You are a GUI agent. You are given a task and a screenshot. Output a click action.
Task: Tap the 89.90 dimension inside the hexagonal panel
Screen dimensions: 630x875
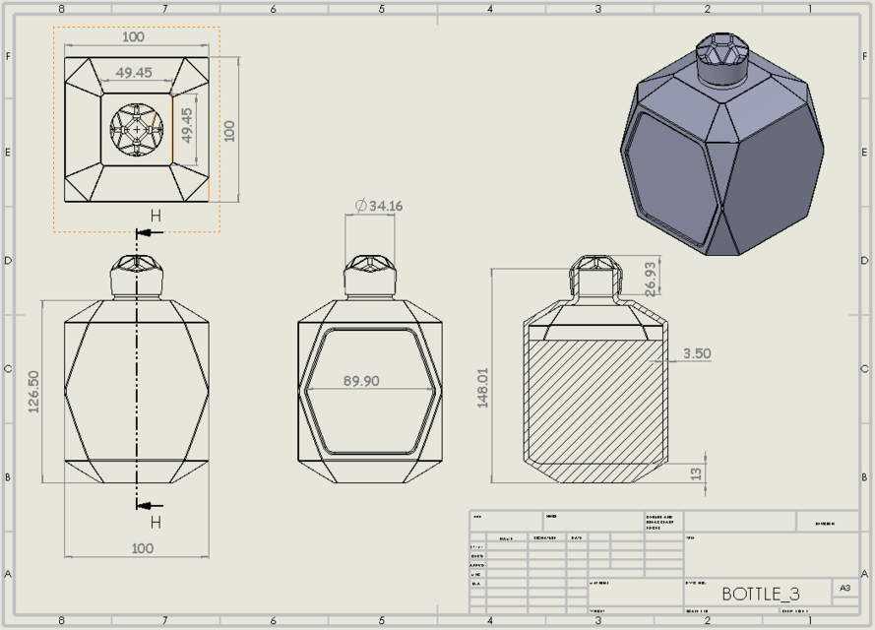pyautogui.click(x=369, y=381)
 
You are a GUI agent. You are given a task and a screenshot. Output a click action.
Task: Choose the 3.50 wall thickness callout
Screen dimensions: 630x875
pyautogui.click(x=695, y=353)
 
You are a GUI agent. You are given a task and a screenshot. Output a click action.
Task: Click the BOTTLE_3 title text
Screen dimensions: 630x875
pyautogui.click(x=760, y=594)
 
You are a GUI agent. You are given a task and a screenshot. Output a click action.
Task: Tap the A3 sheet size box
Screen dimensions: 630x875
pyautogui.click(x=844, y=588)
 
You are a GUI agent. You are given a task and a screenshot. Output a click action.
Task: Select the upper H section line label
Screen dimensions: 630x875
pyautogui.click(x=156, y=217)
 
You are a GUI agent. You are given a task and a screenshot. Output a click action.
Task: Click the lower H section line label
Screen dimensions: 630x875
pyautogui.click(x=156, y=522)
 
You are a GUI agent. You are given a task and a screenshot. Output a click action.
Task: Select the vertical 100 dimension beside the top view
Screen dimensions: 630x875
pyautogui.click(x=229, y=130)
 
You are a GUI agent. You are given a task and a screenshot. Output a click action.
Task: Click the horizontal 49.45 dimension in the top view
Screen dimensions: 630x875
pyautogui.click(x=134, y=73)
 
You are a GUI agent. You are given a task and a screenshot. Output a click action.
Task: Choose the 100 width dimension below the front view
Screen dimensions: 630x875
pyautogui.click(x=142, y=548)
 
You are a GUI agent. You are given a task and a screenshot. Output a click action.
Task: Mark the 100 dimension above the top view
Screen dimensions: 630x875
pyautogui.click(x=133, y=37)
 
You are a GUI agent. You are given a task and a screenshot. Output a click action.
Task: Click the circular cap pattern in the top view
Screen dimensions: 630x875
pyautogui.click(x=136, y=130)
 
